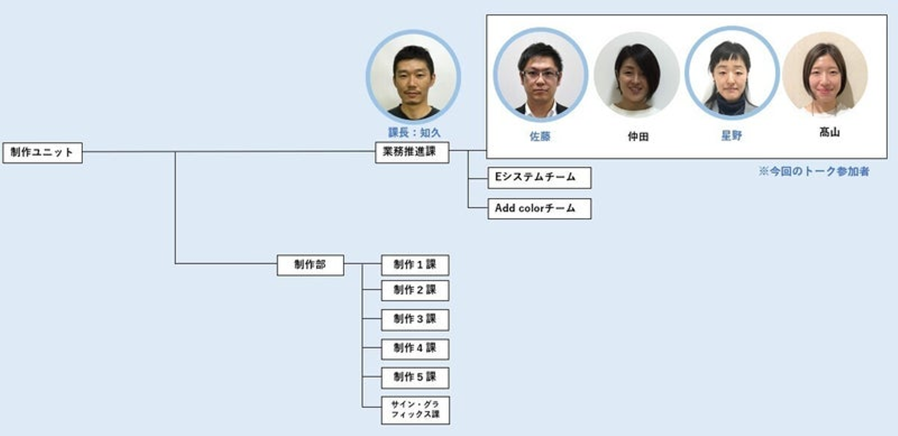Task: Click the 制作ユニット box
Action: (x=42, y=153)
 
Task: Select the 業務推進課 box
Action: (x=412, y=153)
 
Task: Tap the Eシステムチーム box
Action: (x=539, y=178)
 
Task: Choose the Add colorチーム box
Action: (x=539, y=209)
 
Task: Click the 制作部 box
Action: (x=310, y=265)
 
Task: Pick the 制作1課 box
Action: (x=415, y=265)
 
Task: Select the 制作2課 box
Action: (x=415, y=290)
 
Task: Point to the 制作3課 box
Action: (x=415, y=320)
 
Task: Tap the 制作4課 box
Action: (x=415, y=349)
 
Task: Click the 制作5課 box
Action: (x=415, y=377)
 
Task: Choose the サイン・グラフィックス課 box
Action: (x=415, y=410)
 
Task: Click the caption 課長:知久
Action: (x=414, y=133)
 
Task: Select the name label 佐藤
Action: (x=540, y=136)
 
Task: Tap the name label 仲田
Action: (x=638, y=136)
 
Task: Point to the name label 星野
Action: (x=731, y=136)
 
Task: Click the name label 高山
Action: (x=829, y=132)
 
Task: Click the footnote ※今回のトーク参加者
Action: (x=813, y=172)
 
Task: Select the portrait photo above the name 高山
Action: (x=825, y=74)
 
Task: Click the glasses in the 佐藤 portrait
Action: (x=541, y=74)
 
